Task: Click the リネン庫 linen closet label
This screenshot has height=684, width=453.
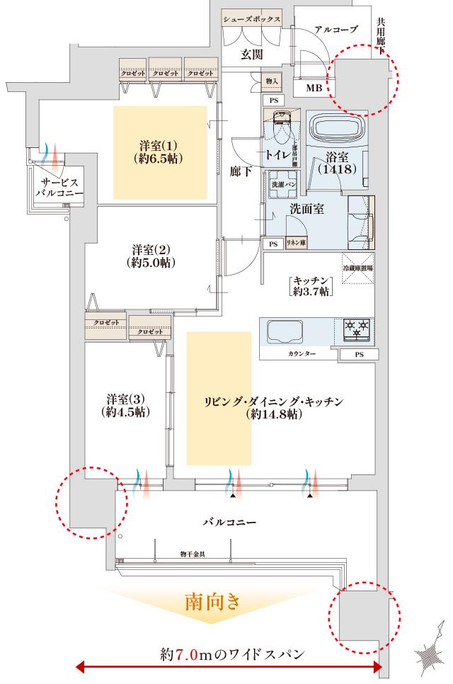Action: (296, 243)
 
